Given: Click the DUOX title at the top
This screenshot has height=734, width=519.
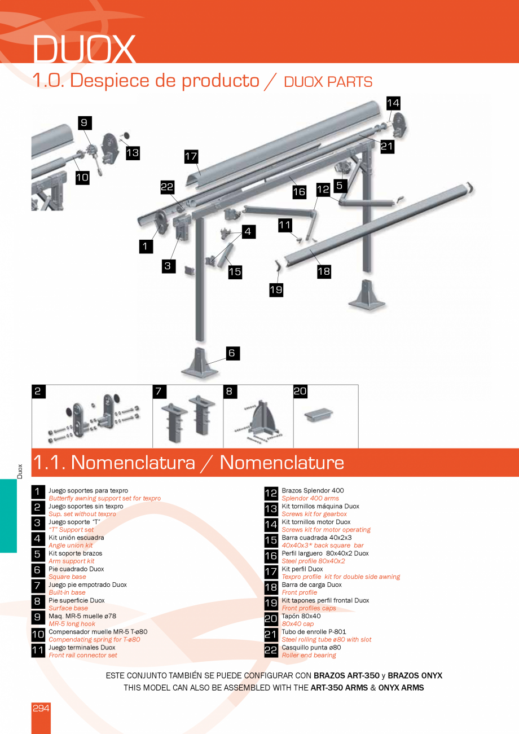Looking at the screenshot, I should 84,49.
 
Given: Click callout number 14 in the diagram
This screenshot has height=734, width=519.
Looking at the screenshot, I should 393,103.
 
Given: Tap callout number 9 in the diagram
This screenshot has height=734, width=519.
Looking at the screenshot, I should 84,123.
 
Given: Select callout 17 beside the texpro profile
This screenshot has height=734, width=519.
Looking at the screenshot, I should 191,156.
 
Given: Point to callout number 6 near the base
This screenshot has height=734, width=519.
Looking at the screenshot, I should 232,353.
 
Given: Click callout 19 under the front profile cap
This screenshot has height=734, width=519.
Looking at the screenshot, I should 276,290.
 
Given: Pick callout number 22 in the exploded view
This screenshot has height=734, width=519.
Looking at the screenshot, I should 168,188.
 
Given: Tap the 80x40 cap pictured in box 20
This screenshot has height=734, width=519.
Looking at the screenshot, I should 318,416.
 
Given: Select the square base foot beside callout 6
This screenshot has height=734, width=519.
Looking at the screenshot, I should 200,364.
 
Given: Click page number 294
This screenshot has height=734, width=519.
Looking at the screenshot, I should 41,708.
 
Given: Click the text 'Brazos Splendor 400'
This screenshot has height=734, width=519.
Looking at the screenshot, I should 313,491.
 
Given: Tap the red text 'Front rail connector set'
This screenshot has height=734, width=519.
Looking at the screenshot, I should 83,656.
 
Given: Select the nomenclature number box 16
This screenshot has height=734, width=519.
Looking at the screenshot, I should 271,557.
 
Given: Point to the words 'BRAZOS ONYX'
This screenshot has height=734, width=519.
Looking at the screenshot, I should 415,675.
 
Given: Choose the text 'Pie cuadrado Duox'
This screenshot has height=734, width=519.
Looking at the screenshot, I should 76,569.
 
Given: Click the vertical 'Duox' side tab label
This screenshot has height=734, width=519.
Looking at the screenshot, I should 20,471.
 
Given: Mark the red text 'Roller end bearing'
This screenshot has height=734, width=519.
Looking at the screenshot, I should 309,656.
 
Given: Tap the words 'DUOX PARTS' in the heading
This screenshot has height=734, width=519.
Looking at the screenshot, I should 328,82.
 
